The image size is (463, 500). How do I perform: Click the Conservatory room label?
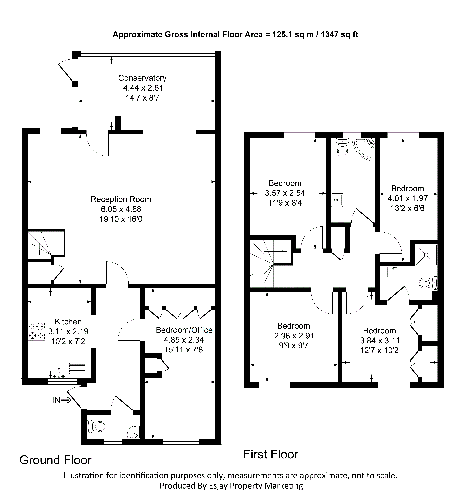(142, 78)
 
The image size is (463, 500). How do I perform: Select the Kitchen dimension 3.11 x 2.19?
(68, 332)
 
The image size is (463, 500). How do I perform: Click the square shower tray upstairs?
(426, 255)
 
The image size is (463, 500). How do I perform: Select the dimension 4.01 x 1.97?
(408, 198)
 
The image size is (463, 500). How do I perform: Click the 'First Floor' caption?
(271, 454)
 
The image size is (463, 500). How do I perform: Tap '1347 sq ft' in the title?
(339, 34)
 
